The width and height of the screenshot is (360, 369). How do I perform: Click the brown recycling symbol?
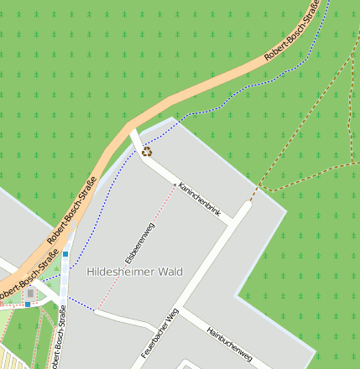[x=147, y=152]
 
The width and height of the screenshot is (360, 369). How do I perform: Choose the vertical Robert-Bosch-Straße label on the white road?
[x=56, y=338]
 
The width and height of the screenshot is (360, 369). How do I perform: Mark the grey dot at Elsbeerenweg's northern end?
[x=175, y=184]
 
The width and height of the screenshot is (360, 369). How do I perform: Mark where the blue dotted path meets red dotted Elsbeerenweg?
[x=96, y=310]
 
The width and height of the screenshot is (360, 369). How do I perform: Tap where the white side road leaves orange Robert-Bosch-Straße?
[x=132, y=133]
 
